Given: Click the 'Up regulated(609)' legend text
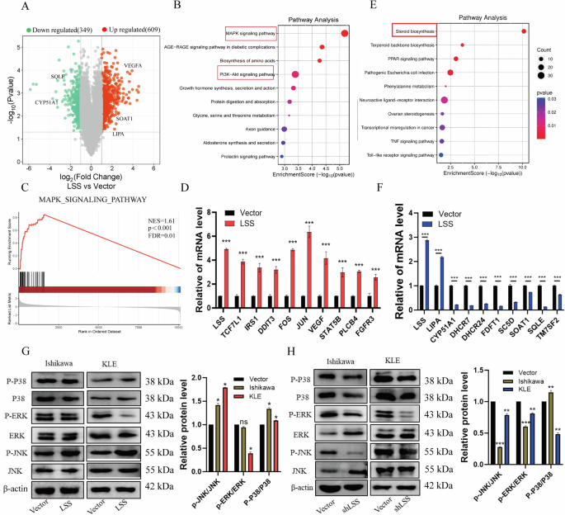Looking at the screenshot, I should [129, 29].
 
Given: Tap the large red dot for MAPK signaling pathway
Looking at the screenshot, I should [344, 33].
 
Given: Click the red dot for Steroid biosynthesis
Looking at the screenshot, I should [523, 31].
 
